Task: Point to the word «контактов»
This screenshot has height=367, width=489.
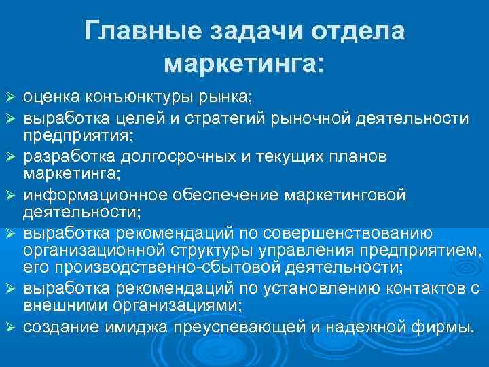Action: (x=410, y=285)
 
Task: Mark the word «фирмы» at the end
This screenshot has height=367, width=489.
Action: (x=452, y=327)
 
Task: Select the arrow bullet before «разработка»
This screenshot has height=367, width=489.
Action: (x=10, y=157)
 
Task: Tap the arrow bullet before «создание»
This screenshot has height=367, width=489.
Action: (x=10, y=328)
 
